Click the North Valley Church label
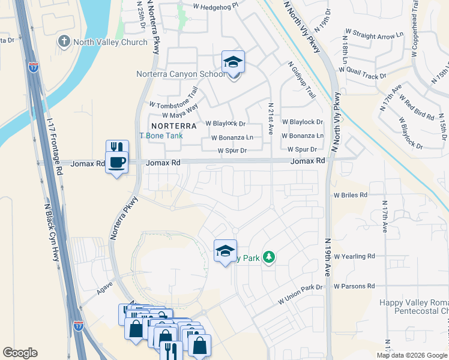(x=110, y=42)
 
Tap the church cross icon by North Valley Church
(x=63, y=42)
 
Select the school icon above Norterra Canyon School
(x=233, y=62)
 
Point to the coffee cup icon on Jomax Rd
(x=116, y=161)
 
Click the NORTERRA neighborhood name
(x=174, y=126)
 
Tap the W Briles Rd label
(x=351, y=195)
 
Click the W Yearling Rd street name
(x=354, y=256)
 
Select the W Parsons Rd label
(x=354, y=286)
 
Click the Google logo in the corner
(x=20, y=353)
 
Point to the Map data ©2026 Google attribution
(x=412, y=355)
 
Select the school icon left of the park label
(x=225, y=251)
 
